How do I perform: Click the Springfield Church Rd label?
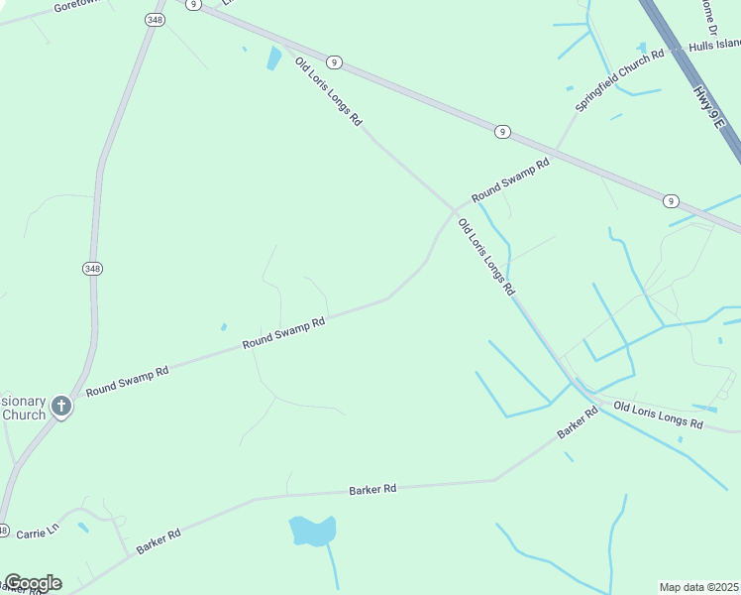click(619, 70)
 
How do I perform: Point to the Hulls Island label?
click(715, 45)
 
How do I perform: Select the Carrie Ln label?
click(39, 532)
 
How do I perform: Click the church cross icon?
click(61, 406)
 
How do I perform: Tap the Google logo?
click(32, 583)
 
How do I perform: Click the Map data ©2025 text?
click(699, 587)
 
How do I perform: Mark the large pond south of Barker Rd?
click(312, 531)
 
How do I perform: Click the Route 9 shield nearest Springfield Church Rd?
click(503, 131)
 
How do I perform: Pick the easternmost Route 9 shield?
click(672, 201)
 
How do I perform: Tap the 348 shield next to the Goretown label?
click(154, 20)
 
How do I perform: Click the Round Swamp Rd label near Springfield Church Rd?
click(510, 181)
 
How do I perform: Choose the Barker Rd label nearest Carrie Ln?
click(159, 541)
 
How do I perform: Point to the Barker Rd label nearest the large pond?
click(372, 490)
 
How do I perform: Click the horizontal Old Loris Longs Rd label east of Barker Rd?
click(658, 416)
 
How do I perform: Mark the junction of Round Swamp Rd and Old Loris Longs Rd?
click(455, 211)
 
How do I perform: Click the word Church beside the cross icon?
click(24, 415)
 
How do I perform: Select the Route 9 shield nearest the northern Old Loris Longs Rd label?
click(335, 61)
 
